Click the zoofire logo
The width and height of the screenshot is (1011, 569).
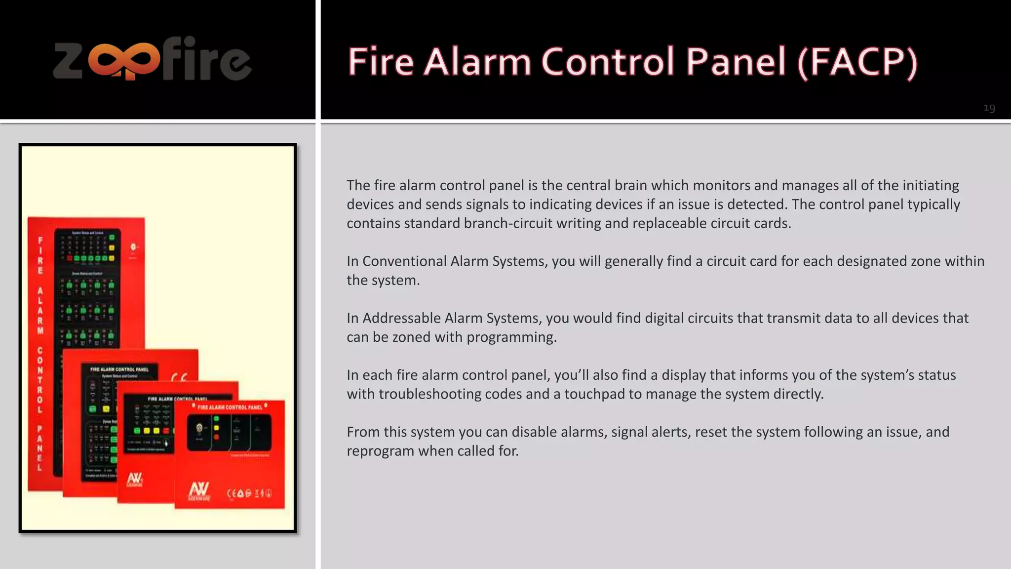(153, 59)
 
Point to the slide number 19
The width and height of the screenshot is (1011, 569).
(989, 108)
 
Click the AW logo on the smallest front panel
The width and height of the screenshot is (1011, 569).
(199, 490)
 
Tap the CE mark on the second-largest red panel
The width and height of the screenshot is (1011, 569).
(179, 378)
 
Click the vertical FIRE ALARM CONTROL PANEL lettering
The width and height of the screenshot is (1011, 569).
(40, 353)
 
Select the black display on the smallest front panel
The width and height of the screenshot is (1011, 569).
(229, 432)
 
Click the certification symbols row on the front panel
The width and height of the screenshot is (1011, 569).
(249, 493)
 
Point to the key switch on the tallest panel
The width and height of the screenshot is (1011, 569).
(133, 247)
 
